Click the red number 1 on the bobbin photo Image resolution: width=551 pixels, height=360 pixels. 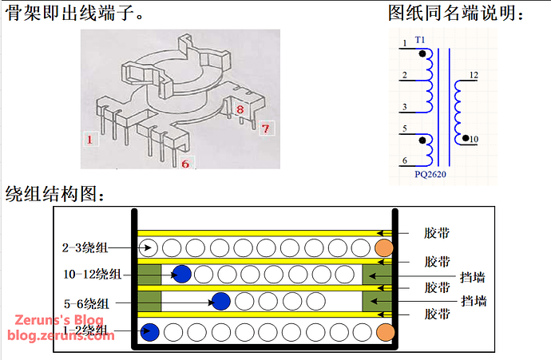click(91, 140)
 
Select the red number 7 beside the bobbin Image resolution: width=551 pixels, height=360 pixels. click(266, 127)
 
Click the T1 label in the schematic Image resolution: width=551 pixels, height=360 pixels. click(420, 39)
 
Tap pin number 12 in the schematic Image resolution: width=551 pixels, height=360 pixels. click(474, 75)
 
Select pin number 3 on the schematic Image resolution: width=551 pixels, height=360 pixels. click(405, 106)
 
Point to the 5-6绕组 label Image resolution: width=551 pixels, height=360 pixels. click(91, 303)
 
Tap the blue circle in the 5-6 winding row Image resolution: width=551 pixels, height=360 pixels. click(221, 302)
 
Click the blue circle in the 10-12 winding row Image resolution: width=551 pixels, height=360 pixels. click(182, 274)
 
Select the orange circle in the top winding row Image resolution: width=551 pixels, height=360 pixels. click(384, 247)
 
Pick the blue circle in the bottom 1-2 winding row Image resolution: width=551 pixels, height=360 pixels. click(149, 331)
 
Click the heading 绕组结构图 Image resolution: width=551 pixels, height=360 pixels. click(56, 194)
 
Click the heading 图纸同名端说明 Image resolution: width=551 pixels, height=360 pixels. click(457, 14)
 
